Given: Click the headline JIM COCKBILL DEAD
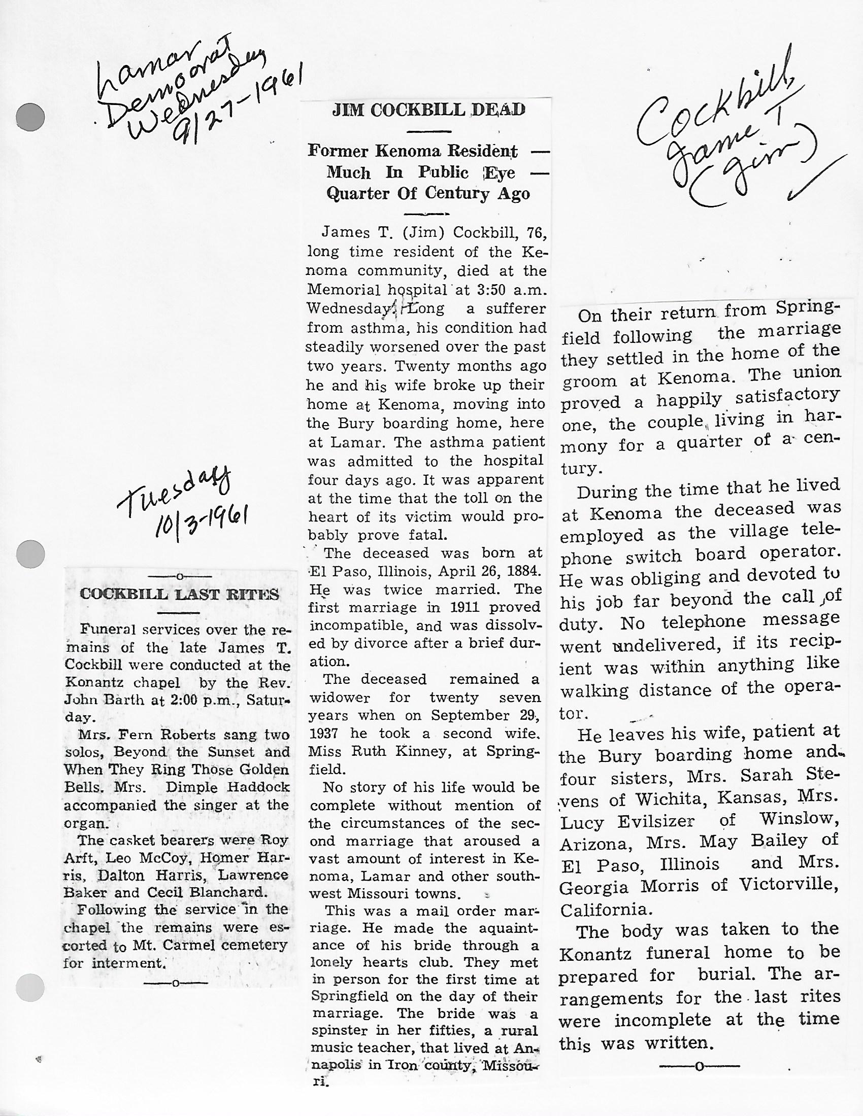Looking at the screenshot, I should click(x=428, y=111).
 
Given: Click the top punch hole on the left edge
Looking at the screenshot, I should click(x=30, y=117).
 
